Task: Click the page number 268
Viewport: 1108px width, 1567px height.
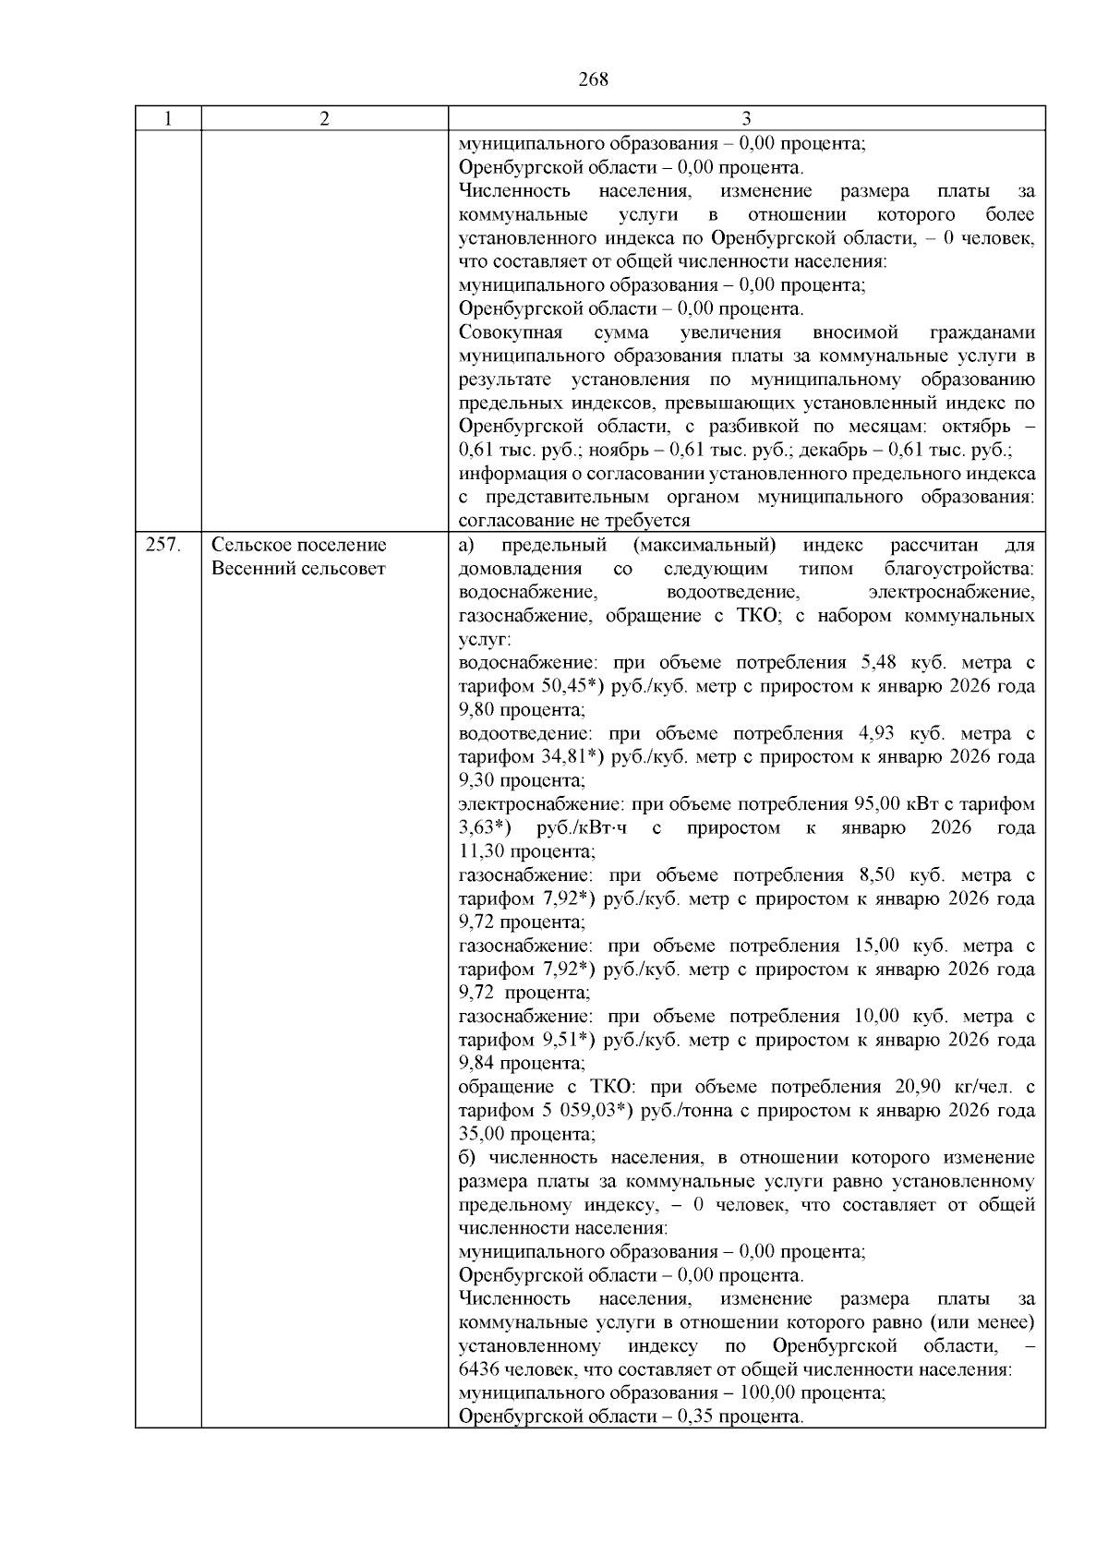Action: [x=593, y=79]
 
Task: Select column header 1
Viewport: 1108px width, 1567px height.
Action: [x=168, y=119]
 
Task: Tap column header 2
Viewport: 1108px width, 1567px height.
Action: [x=324, y=119]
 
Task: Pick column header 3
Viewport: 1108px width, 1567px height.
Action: [x=746, y=119]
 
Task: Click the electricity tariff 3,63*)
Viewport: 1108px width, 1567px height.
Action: [x=486, y=827]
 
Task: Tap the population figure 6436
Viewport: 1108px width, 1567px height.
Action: [x=479, y=1369]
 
